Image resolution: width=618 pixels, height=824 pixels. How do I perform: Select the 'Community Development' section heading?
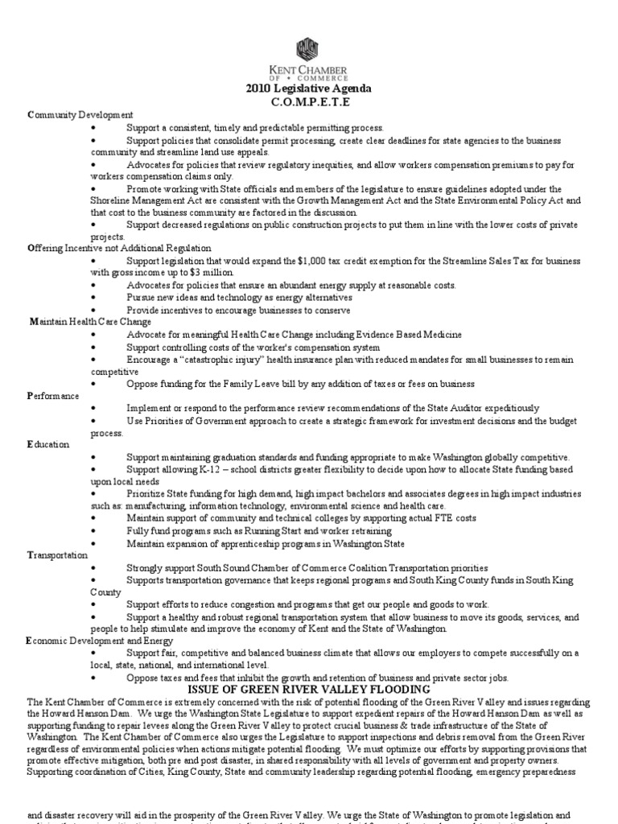pos(80,115)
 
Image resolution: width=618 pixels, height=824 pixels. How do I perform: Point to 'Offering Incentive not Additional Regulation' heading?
pos(119,249)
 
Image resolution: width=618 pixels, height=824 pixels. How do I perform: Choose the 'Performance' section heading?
pos(53,396)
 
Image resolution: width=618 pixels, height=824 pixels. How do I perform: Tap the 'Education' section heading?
pos(48,444)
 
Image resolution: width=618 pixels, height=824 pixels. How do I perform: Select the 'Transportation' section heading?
pos(58,554)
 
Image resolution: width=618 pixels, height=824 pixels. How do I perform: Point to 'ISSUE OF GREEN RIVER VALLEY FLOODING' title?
pos(309,690)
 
